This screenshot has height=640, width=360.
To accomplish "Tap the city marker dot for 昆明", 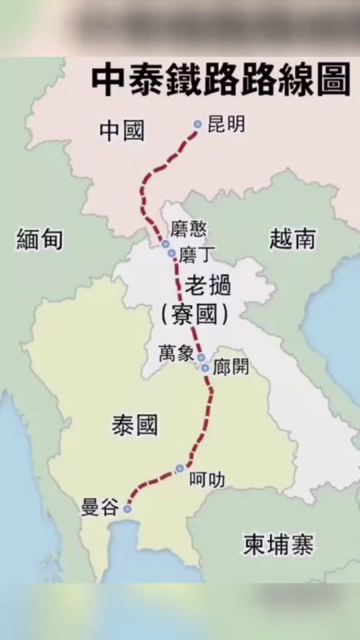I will pos(198,124).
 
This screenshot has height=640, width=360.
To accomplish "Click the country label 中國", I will pos(122,131).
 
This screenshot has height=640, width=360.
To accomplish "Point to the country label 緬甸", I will pos(39,238).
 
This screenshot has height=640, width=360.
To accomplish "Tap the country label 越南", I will pos(292,238).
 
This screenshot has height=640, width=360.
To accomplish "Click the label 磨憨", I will pos(189,230).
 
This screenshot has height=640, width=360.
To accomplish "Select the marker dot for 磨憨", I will pos(165,244).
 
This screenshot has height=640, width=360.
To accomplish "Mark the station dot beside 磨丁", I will pos(172,253).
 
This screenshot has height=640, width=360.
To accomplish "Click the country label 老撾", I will pos(208,287).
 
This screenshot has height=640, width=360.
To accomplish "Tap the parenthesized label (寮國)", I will pos(195,315).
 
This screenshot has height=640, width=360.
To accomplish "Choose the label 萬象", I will pos(176,353).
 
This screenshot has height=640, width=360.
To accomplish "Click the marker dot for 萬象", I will pos(201,357).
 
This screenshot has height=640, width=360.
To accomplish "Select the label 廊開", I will pos(231,367).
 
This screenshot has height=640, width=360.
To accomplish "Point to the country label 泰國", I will pos(135,424).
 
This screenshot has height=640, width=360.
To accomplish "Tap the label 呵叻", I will pos(207,479).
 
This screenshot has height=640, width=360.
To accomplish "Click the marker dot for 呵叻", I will pos(179,468).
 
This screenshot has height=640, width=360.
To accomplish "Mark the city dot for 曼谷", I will pos(127,509).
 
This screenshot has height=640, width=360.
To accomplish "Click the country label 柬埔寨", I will pos(279,546).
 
